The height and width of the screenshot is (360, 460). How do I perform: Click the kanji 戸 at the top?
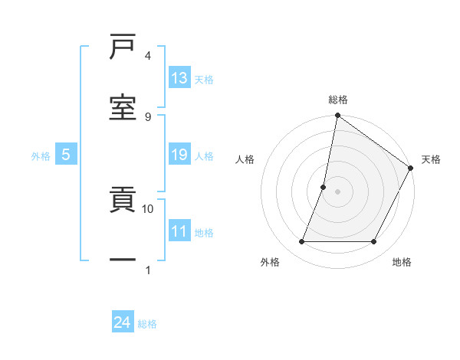click(x=123, y=47)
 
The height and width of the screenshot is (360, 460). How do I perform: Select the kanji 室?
click(x=123, y=107)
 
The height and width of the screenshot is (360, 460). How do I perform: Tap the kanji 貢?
click(x=123, y=201)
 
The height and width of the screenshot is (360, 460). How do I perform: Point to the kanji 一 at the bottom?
click(x=123, y=260)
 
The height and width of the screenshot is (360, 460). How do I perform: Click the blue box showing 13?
click(x=179, y=78)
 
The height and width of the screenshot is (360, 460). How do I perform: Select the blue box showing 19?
click(x=179, y=155)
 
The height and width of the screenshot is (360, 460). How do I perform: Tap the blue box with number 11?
click(x=179, y=232)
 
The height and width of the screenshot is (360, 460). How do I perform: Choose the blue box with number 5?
click(x=66, y=155)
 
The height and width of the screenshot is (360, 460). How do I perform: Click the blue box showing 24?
click(x=123, y=323)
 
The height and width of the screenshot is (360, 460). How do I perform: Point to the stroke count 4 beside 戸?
click(x=148, y=56)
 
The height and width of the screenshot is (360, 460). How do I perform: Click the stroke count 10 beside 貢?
click(x=148, y=208)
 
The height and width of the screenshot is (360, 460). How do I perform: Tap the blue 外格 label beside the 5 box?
click(x=41, y=156)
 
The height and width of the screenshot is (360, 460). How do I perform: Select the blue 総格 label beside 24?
click(x=147, y=324)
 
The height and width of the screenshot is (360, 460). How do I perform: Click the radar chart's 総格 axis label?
click(x=337, y=100)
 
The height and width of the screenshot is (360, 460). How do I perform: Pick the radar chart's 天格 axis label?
click(x=431, y=159)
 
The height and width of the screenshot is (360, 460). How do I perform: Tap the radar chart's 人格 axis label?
click(x=245, y=159)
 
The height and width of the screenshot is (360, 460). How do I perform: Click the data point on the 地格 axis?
click(x=374, y=242)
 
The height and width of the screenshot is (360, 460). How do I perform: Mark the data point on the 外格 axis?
click(x=301, y=242)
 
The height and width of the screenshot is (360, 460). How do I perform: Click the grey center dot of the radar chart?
click(x=337, y=191)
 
